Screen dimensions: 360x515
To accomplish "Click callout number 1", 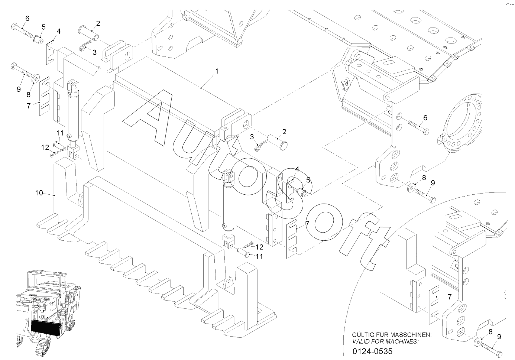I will coord(217,71).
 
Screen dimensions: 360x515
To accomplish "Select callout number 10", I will coord(39,193).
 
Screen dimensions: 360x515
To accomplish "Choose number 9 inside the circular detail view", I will coord(499,337).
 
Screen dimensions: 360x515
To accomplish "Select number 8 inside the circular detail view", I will coord(490,332).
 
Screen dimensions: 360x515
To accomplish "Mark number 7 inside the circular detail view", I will coord(449,297).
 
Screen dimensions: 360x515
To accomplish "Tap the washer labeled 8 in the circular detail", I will coord(479,341).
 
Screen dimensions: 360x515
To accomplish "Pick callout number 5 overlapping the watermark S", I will coord(308,180).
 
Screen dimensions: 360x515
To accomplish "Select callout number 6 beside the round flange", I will coord(425,118).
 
